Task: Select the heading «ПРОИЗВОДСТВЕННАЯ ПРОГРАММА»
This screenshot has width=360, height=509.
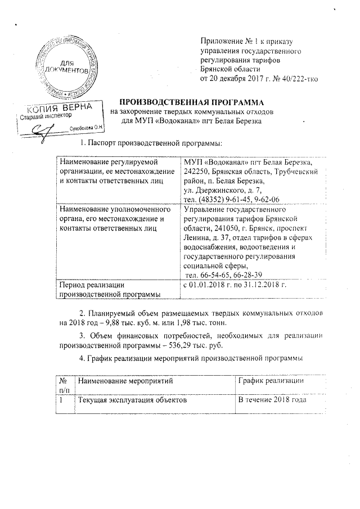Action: tap(187, 103)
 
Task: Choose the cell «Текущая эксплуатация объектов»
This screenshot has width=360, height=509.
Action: tap(131, 400)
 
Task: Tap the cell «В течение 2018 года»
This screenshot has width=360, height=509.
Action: tap(272, 400)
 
